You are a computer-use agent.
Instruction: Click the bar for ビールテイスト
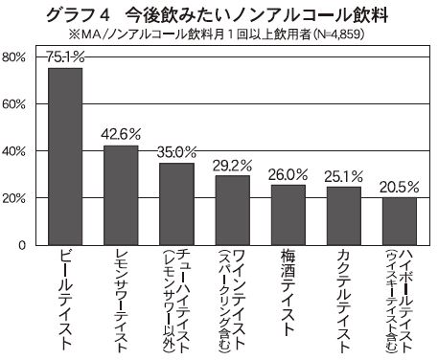pyautogui.click(x=65, y=156)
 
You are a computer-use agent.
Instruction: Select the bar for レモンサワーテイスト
pyautogui.click(x=121, y=195)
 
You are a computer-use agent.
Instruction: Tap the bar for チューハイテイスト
pyautogui.click(x=176, y=204)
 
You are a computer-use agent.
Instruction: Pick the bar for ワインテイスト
pyautogui.click(x=233, y=211)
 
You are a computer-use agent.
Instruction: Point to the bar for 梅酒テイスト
pyautogui.click(x=288, y=215)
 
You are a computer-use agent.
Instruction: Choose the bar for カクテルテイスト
pyautogui.click(x=344, y=216)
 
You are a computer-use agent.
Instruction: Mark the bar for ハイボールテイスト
pyautogui.click(x=400, y=221)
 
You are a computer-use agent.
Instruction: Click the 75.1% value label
pyautogui.click(x=65, y=57)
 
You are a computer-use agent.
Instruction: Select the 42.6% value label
pyautogui.click(x=121, y=134)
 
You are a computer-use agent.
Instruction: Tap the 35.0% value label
pyautogui.click(x=176, y=152)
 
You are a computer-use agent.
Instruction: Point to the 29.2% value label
pyautogui.click(x=233, y=166)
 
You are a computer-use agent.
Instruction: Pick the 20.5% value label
pyautogui.click(x=400, y=187)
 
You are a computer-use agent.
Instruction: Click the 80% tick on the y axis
pyautogui.click(x=13, y=57)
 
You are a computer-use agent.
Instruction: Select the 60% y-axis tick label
pyautogui.click(x=13, y=104)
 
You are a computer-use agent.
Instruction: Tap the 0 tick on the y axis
pyautogui.click(x=21, y=245)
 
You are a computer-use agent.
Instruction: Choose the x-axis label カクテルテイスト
pyautogui.click(x=344, y=302)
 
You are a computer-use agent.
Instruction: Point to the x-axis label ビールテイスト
pyautogui.click(x=65, y=300)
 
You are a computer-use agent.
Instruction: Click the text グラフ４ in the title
pyautogui.click(x=79, y=15)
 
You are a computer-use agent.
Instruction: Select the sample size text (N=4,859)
pyautogui.click(x=338, y=34)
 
